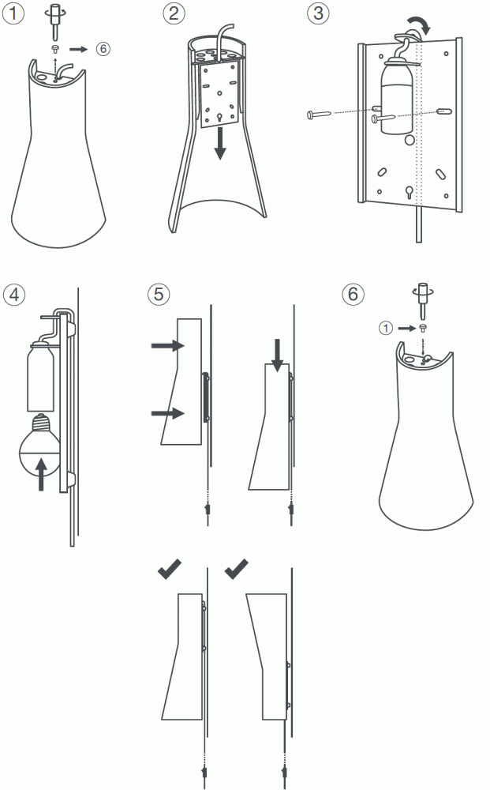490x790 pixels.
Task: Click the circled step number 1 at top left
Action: [13, 13]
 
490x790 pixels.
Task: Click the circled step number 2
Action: [174, 13]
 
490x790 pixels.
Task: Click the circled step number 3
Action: [318, 13]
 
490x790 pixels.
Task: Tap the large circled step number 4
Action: [14, 294]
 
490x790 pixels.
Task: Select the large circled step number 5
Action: [159, 294]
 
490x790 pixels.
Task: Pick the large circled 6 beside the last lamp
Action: [353, 294]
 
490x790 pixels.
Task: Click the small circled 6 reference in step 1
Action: [103, 48]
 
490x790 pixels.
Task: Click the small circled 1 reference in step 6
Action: [385, 329]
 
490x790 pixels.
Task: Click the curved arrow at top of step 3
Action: [418, 23]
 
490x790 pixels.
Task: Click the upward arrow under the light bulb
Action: [41, 474]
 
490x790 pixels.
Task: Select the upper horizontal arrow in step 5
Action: [168, 346]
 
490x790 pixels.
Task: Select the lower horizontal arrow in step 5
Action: [168, 413]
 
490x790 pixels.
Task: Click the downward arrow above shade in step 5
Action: [277, 355]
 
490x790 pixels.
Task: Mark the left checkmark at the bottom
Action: [170, 569]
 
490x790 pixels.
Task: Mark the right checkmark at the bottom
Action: [237, 569]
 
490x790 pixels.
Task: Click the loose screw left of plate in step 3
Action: [319, 115]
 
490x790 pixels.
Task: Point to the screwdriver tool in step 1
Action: [56, 21]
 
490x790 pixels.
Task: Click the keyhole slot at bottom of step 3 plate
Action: [409, 192]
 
